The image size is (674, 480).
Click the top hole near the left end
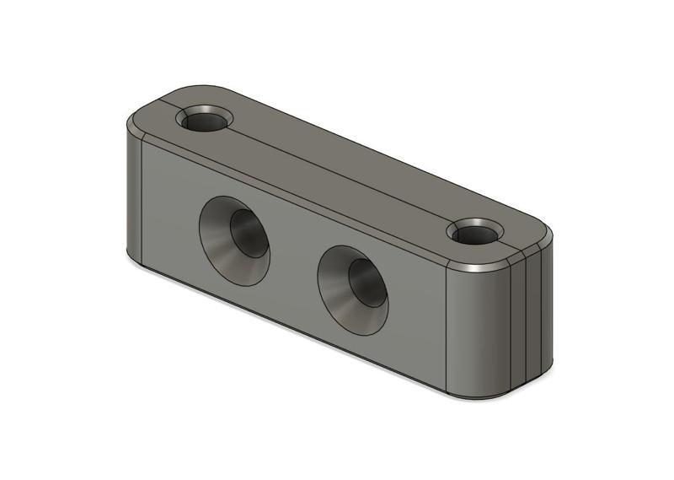point(205,120)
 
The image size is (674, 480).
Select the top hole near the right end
point(474,232)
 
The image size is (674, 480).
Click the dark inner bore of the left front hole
point(246,232)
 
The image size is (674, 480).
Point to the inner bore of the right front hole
point(364,281)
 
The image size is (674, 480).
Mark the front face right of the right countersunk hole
point(417,312)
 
